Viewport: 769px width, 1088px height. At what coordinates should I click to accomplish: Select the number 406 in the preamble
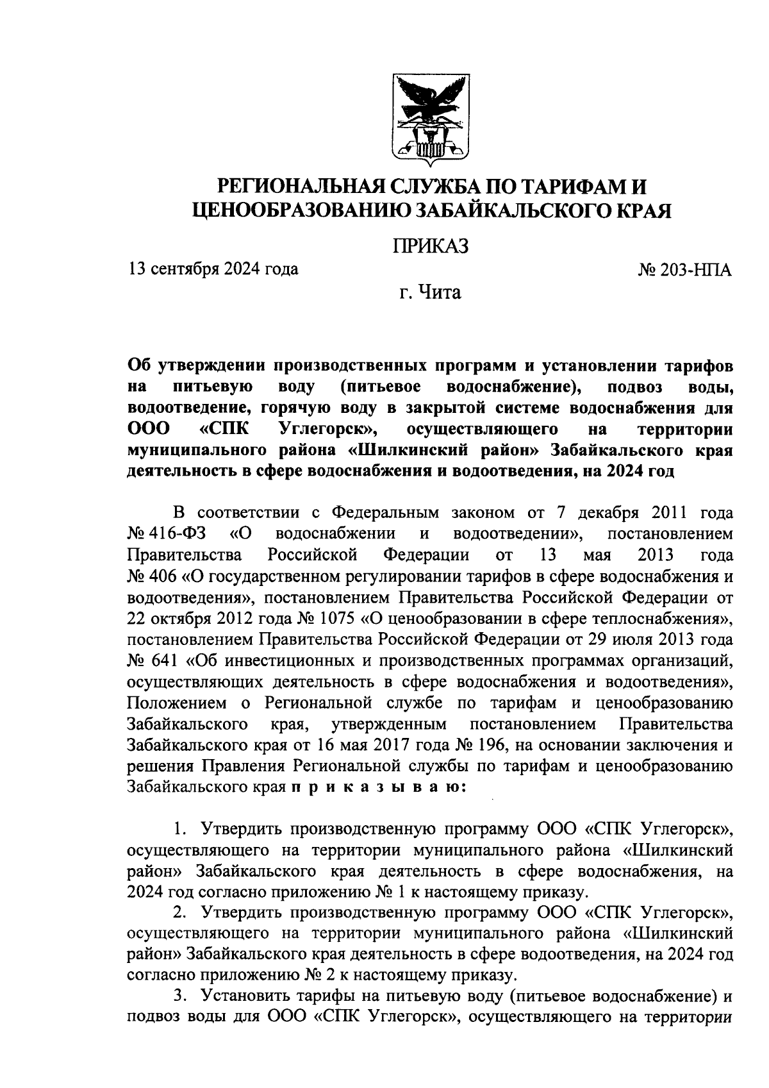pyautogui.click(x=166, y=576)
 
